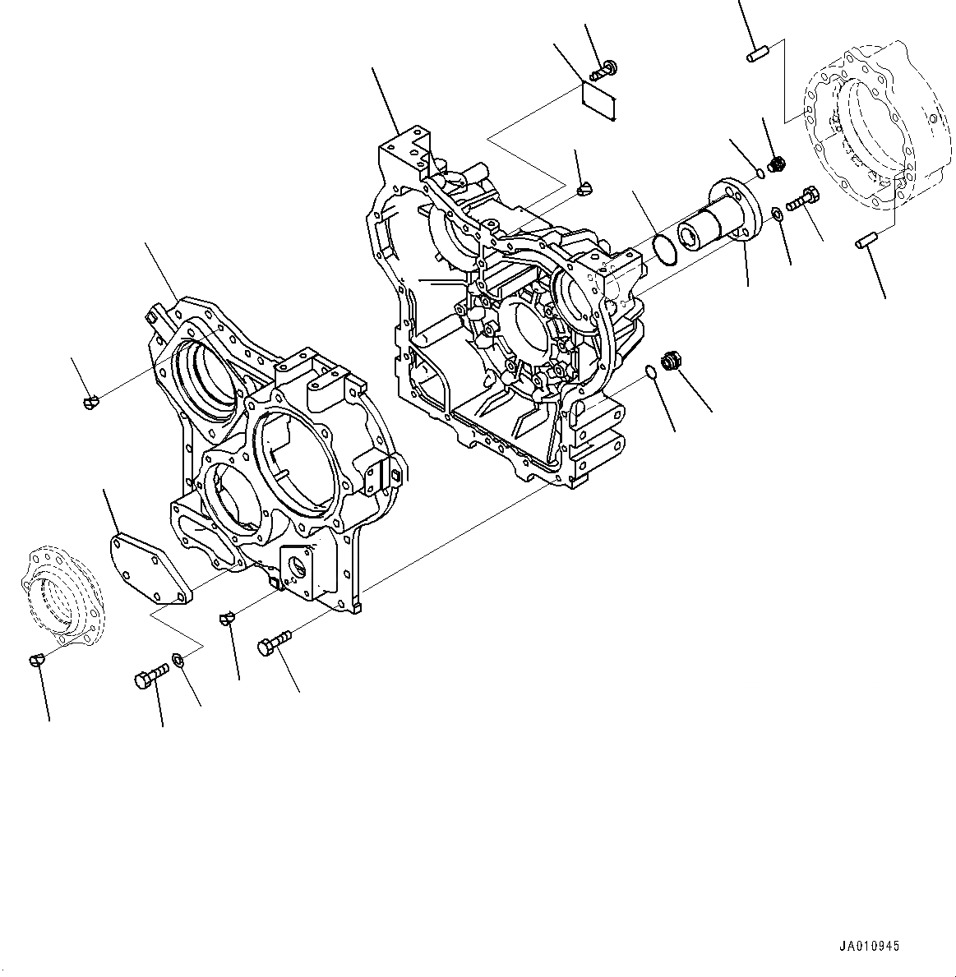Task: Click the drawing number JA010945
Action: [x=871, y=947]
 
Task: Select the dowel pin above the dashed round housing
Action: [x=756, y=56]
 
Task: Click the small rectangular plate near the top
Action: [x=599, y=99]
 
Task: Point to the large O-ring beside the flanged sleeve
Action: [x=663, y=250]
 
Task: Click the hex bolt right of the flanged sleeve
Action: [x=801, y=198]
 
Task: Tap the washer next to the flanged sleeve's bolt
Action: [x=776, y=215]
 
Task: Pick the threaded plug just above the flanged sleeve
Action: [x=773, y=166]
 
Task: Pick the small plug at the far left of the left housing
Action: [x=92, y=401]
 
